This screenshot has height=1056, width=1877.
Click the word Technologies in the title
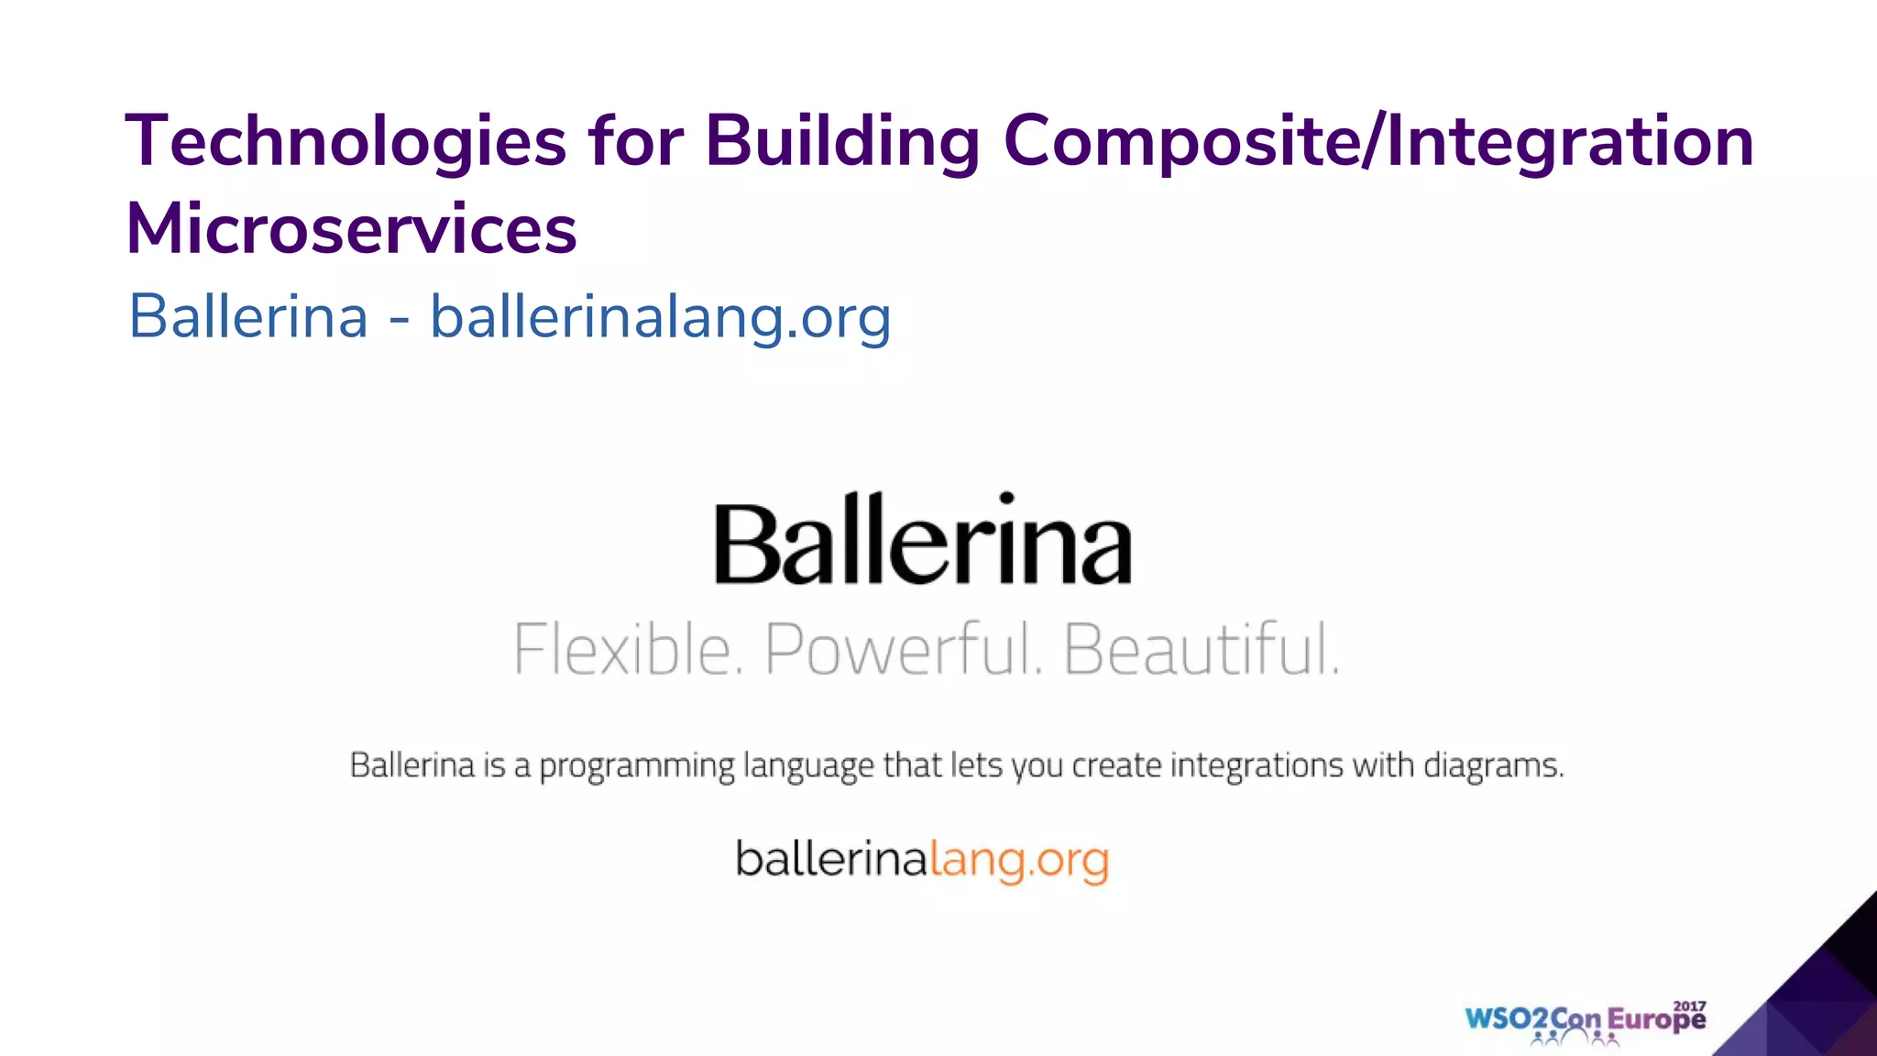pos(346,142)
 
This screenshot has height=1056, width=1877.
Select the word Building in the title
pos(842,142)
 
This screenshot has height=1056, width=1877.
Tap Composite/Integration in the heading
pos(1378,142)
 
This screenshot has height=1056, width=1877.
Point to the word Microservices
pos(351,229)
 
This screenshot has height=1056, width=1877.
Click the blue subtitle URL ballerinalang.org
pos(660,317)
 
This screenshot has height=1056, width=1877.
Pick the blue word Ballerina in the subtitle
pos(248,317)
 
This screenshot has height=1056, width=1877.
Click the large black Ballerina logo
pos(922,541)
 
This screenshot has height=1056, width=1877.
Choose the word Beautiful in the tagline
pos(1201,649)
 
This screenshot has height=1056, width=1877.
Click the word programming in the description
pos(636,765)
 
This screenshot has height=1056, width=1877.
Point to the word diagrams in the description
pos(1493,765)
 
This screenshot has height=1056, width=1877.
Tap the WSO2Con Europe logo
pos(1585,1021)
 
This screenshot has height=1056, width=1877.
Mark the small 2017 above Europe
pos(1690,1006)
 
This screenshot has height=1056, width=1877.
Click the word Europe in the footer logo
pos(1656,1020)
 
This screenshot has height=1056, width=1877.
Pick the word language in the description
pos(807,766)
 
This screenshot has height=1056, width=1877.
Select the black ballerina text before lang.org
pos(832,859)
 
